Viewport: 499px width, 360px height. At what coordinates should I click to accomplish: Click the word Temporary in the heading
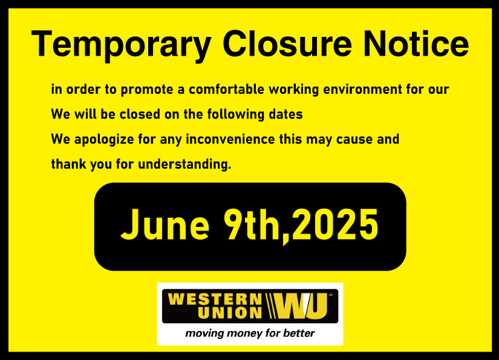point(121,45)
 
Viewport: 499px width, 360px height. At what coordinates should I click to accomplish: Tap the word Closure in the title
point(287,44)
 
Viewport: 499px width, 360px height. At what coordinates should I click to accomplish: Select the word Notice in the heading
point(416,44)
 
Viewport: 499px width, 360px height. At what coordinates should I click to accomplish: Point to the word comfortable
point(226,89)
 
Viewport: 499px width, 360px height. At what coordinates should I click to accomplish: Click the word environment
point(362,90)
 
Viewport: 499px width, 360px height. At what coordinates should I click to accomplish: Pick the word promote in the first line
point(147,90)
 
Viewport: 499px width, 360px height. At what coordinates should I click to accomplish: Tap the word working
point(294,90)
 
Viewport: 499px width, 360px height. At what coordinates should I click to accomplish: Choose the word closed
point(140,114)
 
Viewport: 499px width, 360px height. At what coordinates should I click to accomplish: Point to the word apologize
point(104,140)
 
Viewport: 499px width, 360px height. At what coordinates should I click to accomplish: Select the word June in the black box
point(165,224)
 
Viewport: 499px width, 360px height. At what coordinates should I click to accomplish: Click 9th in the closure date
point(253,224)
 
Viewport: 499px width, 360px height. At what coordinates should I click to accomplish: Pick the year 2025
point(335,224)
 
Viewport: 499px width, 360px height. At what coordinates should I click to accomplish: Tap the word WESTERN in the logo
point(215,299)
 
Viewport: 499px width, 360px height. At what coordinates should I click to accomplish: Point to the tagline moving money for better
point(250,333)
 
